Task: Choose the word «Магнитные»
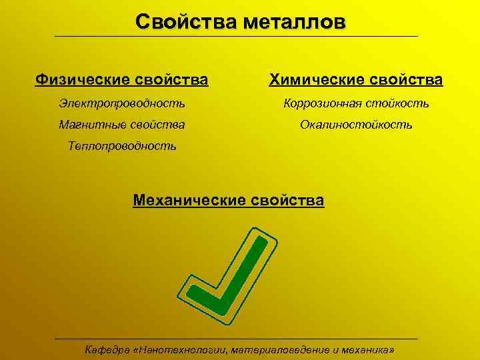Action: (x=88, y=125)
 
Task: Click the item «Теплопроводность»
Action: (x=123, y=146)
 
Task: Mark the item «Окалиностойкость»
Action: (x=356, y=125)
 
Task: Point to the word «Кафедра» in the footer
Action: (x=105, y=349)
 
